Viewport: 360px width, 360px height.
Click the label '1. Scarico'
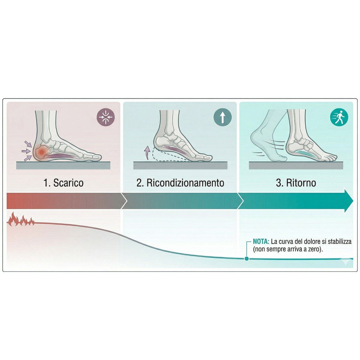click(63, 183)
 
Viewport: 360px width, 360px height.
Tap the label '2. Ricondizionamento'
click(180, 183)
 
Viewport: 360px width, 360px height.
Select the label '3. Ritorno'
click(296, 183)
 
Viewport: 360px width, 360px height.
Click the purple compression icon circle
click(106, 117)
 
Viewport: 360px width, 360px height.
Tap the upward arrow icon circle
click(223, 117)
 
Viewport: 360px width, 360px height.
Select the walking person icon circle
click(339, 117)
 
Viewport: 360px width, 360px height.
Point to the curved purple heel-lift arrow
click(147, 153)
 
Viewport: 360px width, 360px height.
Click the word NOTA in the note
click(261, 241)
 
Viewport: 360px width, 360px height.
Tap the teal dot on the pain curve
click(247, 259)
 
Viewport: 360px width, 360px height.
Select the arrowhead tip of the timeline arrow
click(353, 201)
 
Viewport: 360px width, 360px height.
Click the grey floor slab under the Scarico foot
click(63, 166)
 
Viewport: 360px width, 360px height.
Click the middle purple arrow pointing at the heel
click(26, 151)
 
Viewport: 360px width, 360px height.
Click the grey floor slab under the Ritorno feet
click(296, 166)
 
